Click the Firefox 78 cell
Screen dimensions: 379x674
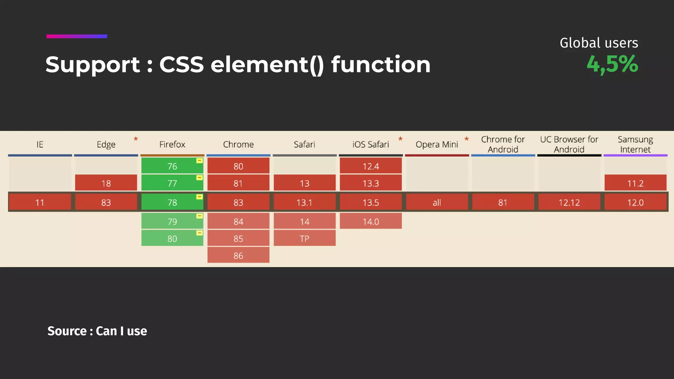(x=172, y=202)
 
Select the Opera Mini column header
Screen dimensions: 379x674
(x=437, y=144)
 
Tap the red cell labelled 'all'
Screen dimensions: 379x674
(x=437, y=202)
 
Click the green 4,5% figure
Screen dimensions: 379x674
(x=612, y=64)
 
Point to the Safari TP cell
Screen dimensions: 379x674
(x=304, y=238)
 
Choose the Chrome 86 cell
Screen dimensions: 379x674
(x=238, y=255)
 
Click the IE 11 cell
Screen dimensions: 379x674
(x=40, y=202)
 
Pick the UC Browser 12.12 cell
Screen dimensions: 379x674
(x=569, y=202)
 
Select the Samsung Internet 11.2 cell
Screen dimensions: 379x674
(x=635, y=183)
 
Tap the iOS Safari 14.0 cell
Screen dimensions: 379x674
(x=371, y=221)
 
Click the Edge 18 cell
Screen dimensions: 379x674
(x=106, y=183)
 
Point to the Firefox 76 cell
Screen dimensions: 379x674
(x=172, y=166)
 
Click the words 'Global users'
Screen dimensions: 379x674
(x=599, y=43)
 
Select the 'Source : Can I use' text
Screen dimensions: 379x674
(x=97, y=331)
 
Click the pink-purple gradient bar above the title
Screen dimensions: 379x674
(x=77, y=36)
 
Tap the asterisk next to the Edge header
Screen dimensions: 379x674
(x=136, y=139)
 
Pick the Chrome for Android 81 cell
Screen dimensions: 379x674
(x=503, y=202)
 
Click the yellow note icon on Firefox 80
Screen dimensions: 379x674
(x=199, y=233)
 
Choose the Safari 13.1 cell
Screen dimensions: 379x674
(x=304, y=202)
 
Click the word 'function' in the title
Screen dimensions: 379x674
(x=381, y=64)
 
